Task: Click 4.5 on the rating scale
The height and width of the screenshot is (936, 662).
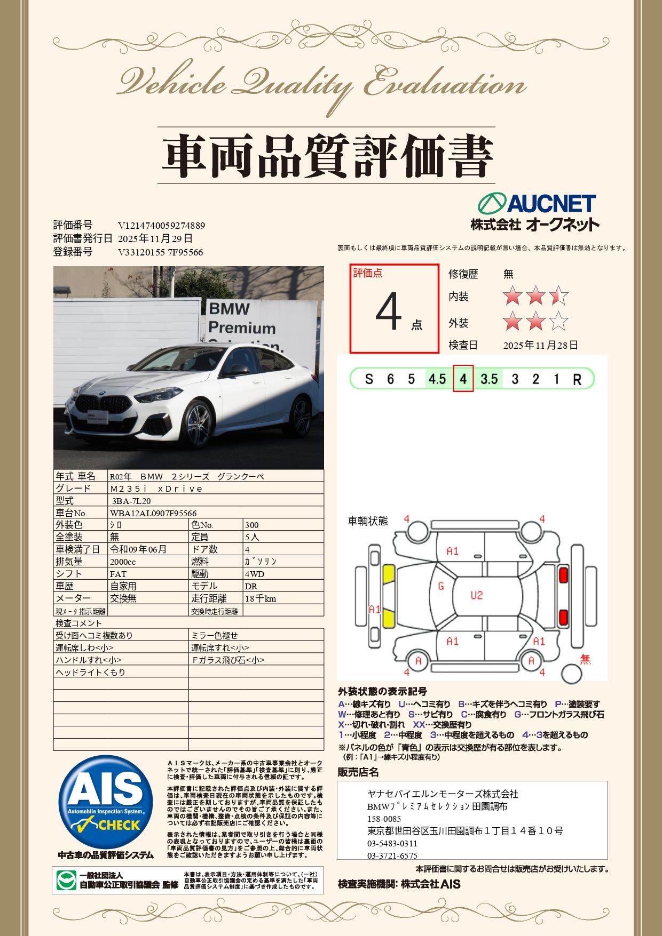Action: pos(437,379)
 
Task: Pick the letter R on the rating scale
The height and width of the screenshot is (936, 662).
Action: pos(577,379)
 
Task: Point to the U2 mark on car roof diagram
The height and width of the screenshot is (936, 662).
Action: pos(477,595)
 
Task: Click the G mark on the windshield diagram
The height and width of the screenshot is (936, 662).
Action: pos(441,586)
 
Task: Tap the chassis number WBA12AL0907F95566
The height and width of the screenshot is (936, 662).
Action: pos(153,513)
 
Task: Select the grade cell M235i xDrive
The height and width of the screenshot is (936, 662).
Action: pos(156,489)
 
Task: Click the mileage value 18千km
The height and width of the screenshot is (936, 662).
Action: pos(261,598)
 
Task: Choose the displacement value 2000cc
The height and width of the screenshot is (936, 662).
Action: pos(123,562)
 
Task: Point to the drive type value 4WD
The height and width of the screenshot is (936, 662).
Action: pos(255,574)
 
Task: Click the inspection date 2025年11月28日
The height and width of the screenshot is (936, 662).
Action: pos(540,346)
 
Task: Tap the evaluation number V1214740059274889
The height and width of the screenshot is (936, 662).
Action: pos(161,226)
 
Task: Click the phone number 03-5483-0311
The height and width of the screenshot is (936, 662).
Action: pos(392,844)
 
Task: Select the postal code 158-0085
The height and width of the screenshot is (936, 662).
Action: pos(384,819)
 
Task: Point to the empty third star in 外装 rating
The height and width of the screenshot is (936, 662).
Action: pos(558,322)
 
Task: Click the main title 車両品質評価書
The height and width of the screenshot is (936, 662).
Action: pos(326,155)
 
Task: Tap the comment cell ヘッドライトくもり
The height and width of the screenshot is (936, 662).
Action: pos(91,672)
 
